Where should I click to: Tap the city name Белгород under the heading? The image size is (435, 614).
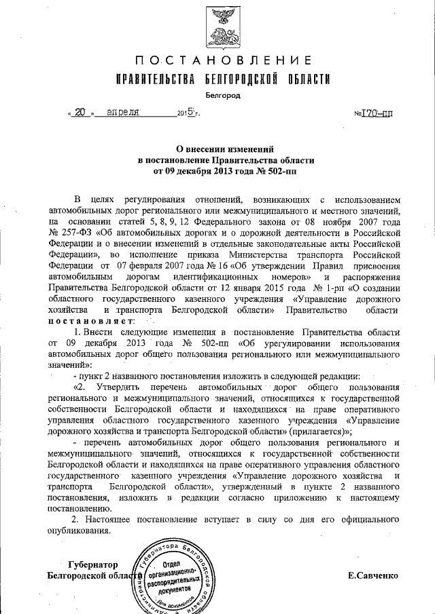point(222,96)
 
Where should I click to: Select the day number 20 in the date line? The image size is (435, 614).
point(80,113)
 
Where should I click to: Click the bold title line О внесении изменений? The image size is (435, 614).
point(222,149)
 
